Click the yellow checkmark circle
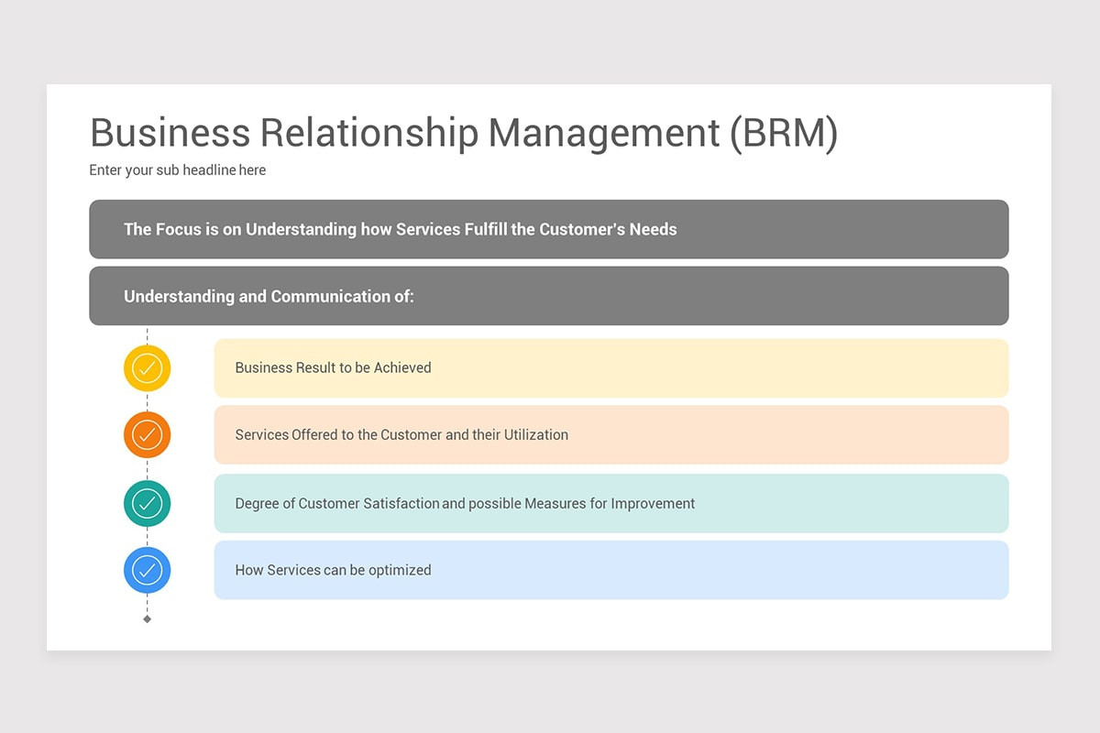[147, 368]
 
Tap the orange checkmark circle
[147, 435]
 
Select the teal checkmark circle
[147, 503]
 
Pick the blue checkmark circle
[147, 570]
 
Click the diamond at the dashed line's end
[147, 619]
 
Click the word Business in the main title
[170, 133]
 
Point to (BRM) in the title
[784, 133]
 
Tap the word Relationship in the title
[369, 133]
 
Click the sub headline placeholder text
[178, 170]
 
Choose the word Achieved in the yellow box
[402, 368]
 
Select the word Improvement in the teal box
[653, 503]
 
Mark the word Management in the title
[604, 133]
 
